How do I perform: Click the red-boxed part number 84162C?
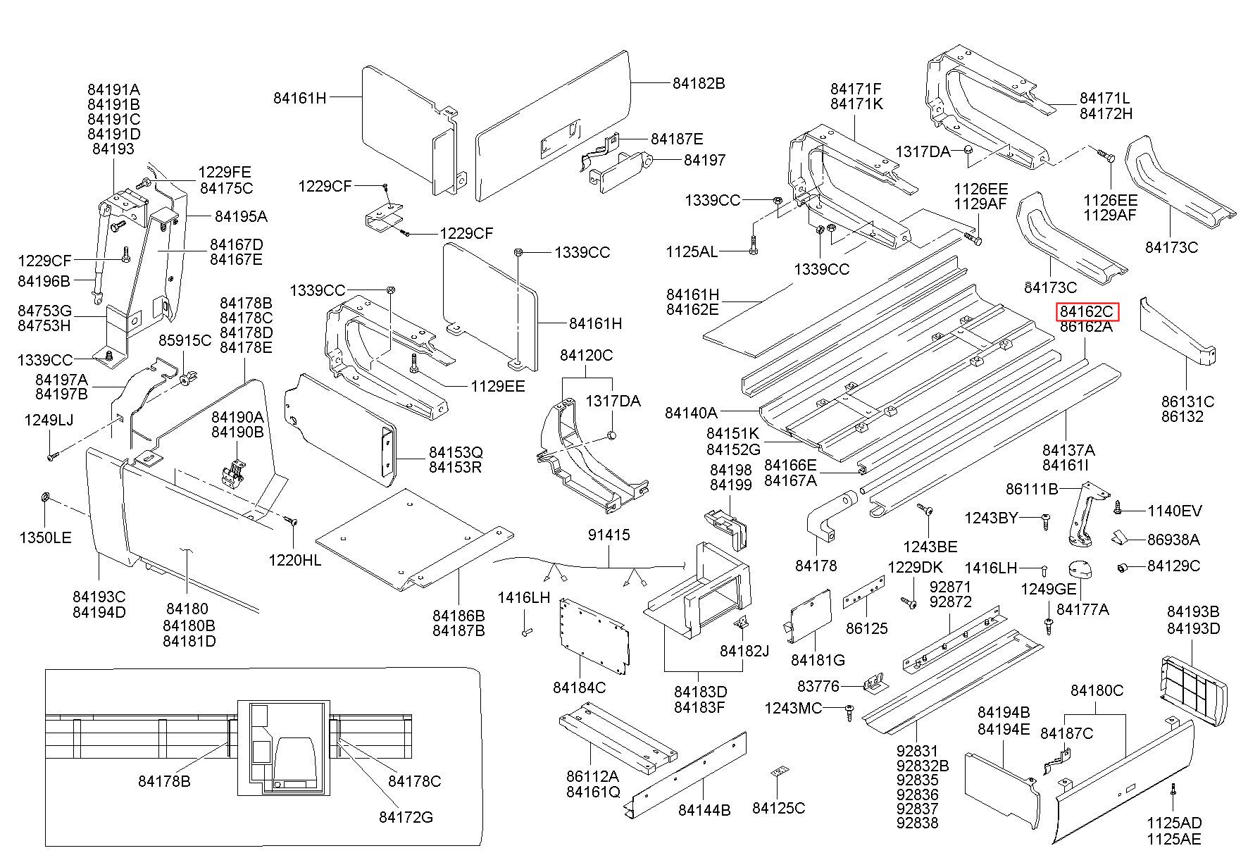tap(1086, 311)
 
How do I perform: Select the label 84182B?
tap(698, 83)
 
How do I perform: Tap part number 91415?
tap(609, 535)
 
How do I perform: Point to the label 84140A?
tap(691, 413)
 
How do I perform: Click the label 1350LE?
tap(45, 538)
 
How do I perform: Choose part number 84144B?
tap(704, 810)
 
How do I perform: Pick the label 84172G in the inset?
tap(406, 817)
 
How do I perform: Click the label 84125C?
tap(778, 808)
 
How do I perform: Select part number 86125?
tap(866, 628)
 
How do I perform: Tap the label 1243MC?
tap(793, 708)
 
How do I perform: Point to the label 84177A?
tap(1082, 609)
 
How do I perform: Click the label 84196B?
tap(44, 281)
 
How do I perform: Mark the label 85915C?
tap(185, 341)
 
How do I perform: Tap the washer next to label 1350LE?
tap(43, 499)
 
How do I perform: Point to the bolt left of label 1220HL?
tap(290, 521)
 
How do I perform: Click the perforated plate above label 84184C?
tap(593, 634)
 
